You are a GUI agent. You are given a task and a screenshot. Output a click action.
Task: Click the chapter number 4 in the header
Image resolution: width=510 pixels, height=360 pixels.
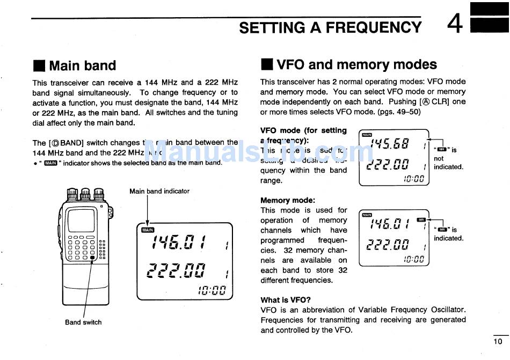pos(454,24)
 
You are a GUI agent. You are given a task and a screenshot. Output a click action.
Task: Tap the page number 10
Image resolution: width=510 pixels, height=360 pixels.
pos(498,341)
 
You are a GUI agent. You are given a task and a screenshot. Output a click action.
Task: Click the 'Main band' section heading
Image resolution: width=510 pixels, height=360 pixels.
pos(82,65)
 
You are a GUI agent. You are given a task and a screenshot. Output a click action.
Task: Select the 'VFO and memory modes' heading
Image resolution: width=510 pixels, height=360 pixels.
pos(356,65)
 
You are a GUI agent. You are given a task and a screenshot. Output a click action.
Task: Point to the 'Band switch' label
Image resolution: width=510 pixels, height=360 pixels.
pos(83,322)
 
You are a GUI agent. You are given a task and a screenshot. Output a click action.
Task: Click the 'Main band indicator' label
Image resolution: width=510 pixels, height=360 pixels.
pos(159,191)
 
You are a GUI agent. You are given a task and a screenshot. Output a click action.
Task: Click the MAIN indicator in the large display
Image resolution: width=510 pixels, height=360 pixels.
pos(147,230)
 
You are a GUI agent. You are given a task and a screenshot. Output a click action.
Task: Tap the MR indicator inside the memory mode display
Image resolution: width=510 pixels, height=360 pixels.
pos(421,219)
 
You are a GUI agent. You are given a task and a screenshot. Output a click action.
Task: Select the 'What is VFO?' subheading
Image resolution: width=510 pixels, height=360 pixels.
pos(286,300)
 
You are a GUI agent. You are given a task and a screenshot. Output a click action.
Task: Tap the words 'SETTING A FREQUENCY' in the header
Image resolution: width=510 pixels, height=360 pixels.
pos(330,27)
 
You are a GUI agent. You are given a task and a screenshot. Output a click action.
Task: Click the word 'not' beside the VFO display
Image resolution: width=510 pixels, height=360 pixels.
pos(439,159)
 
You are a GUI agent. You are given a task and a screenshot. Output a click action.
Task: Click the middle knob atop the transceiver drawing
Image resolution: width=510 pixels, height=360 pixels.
pos(85,194)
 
